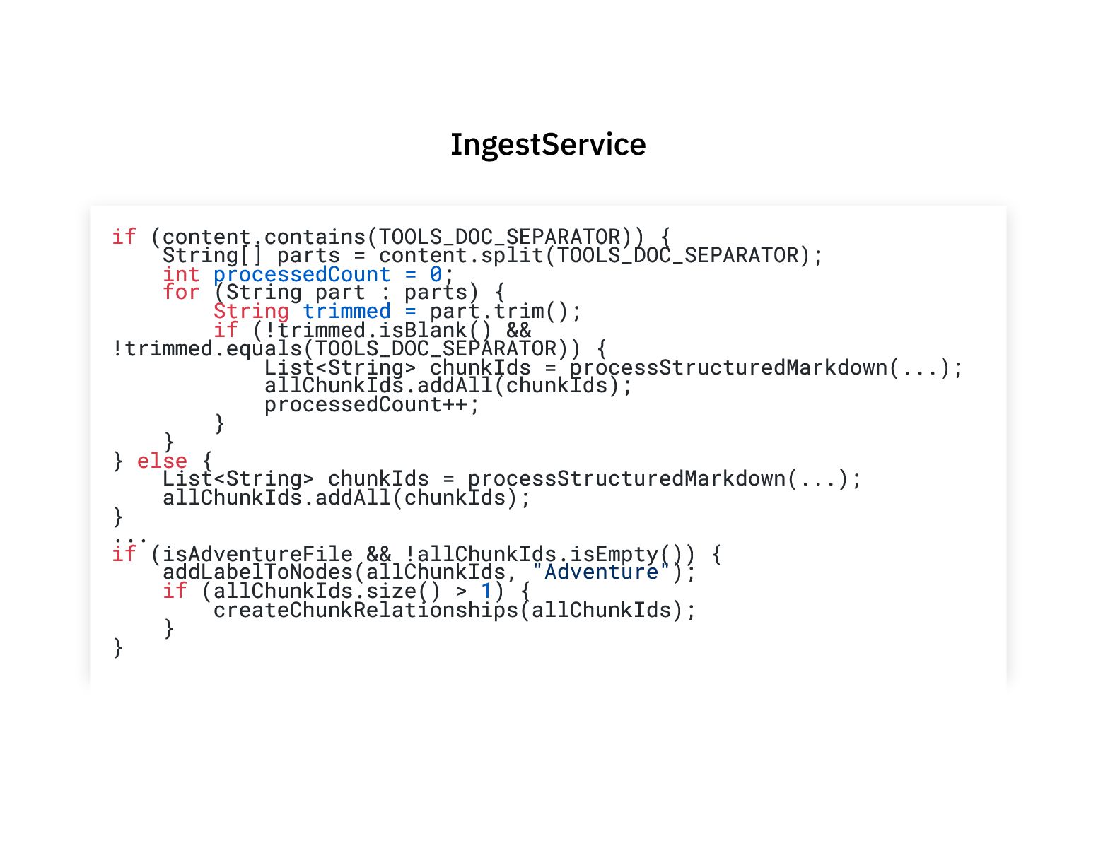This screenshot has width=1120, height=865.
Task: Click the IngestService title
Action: click(548, 145)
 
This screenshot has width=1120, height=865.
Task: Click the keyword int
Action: click(181, 274)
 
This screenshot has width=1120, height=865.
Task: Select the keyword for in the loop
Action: click(181, 293)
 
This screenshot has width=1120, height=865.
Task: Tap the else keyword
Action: click(162, 461)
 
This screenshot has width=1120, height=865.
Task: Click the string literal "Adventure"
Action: click(601, 572)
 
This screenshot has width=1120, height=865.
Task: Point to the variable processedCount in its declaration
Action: click(302, 274)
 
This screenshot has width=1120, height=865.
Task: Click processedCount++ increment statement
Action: click(371, 404)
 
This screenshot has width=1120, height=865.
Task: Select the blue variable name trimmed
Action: click(346, 312)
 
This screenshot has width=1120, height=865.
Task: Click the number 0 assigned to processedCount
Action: click(436, 274)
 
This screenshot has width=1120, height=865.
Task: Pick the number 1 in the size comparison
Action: click(486, 591)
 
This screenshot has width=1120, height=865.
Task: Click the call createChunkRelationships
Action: click(366, 610)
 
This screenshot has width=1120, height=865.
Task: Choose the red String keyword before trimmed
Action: click(251, 312)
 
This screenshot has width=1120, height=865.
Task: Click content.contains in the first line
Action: click(264, 237)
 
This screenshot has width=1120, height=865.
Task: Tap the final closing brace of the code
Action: click(118, 647)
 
